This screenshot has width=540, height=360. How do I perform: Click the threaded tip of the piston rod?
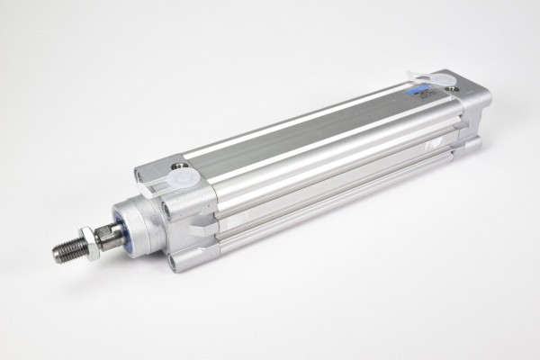coord(67,249)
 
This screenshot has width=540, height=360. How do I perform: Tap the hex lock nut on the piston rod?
coord(87,242)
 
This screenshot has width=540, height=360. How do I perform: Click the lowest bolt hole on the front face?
coord(172,263)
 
